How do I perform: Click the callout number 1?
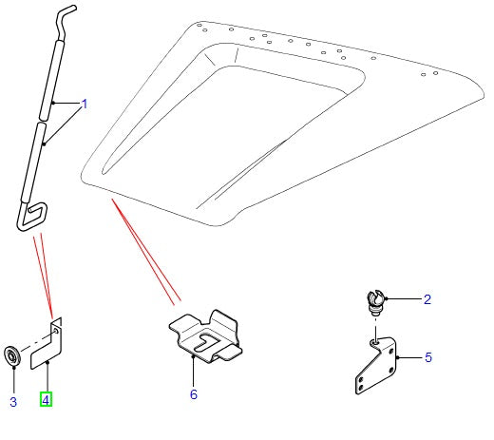pos(84,104)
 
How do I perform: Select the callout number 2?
pos(427,299)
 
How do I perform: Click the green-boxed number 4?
pos(46,398)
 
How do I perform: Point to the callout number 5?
pos(427,358)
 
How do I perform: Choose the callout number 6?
pos(193,393)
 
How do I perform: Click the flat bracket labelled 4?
pos(47,344)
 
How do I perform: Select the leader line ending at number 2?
pos(401,299)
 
